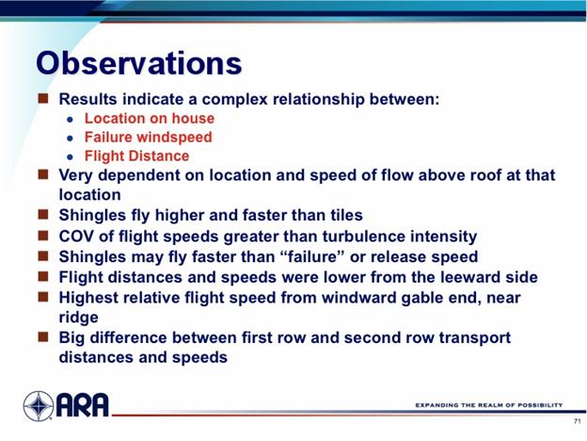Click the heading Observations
139,63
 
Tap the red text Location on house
150,118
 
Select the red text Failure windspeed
149,138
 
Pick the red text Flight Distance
137,156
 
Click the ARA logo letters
83,405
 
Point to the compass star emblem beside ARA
39,406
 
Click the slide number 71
577,421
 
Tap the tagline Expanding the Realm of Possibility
489,405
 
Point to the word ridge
79,318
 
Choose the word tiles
346,215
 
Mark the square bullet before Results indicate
43,98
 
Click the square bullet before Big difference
43,336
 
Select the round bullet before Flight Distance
70,157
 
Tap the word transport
475,338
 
